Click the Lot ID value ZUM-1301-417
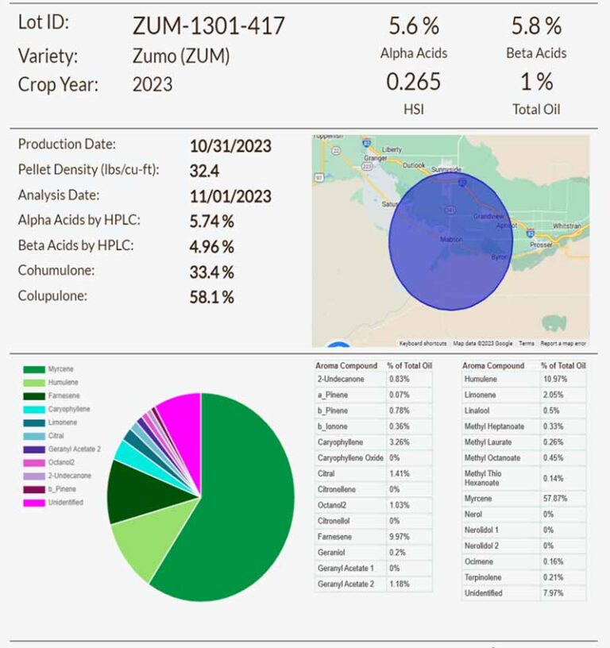coord(208,26)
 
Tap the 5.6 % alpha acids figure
coord(413,26)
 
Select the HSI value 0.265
coord(413,82)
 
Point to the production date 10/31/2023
coord(230,146)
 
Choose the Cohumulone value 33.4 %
coord(211,272)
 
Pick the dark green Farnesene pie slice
coord(133,492)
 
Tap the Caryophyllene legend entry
coord(68,409)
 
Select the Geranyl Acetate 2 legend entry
coord(74,449)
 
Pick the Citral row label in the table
coord(326,473)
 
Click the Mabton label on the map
coord(451,238)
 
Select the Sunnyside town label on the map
coord(445,169)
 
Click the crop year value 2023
coord(152,84)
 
